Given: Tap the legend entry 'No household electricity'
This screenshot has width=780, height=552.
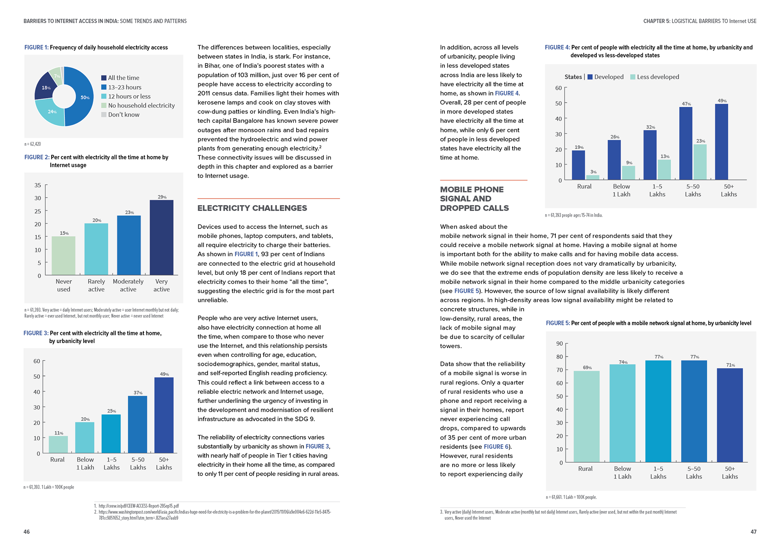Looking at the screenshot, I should click(141, 106).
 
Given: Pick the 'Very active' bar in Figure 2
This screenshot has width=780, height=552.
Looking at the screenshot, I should click(161, 237).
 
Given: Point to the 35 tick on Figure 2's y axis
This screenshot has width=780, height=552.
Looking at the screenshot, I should click(38, 185).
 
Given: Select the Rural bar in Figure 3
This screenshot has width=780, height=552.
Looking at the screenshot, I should click(58, 444).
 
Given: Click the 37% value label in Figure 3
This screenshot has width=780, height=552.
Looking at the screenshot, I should click(138, 393).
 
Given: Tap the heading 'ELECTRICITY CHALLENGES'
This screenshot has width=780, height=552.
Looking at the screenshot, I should click(252, 208).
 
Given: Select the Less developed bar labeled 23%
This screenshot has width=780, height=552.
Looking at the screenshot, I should click(700, 162).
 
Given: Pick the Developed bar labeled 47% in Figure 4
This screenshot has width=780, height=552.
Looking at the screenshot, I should click(686, 143).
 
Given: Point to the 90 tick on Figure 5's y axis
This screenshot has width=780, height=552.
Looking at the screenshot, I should click(559, 344).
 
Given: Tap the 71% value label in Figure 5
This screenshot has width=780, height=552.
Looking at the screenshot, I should click(730, 365).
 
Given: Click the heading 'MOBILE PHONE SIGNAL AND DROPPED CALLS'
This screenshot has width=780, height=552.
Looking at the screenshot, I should click(474, 199).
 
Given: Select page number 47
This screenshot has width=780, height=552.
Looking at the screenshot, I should click(753, 532).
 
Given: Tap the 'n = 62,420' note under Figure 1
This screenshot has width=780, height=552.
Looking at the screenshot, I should click(32, 144).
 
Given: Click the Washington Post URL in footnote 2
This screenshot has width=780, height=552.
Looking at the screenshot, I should click(214, 512).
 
